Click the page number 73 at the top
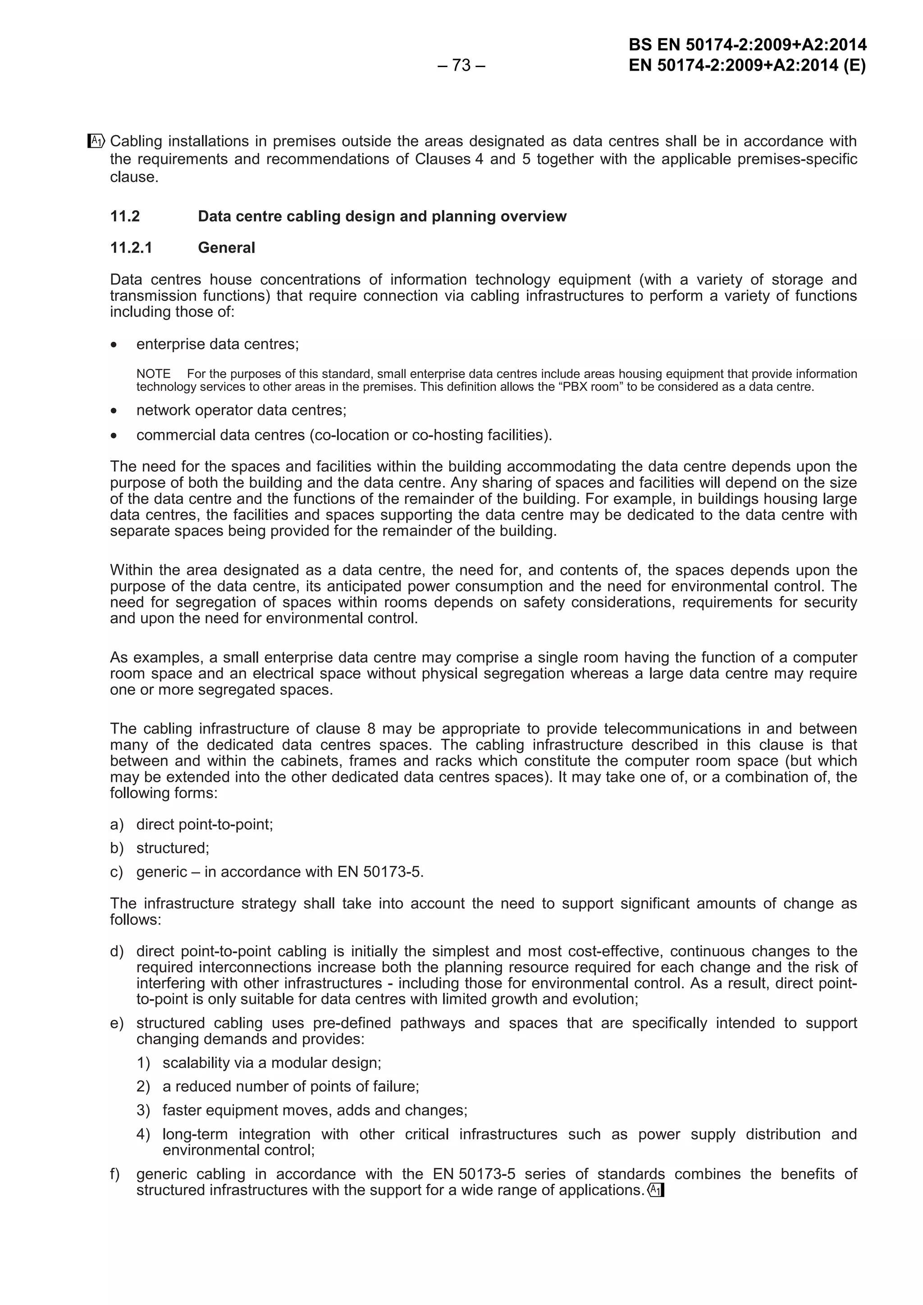click(x=461, y=66)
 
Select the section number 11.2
click(x=125, y=217)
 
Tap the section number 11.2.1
click(x=131, y=248)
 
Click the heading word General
click(x=226, y=248)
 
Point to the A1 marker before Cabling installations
click(x=96, y=140)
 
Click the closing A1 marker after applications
click(x=656, y=1190)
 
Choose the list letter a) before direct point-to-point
click(x=117, y=824)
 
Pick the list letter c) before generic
click(x=117, y=872)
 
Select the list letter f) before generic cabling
click(x=115, y=1174)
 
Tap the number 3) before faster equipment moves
click(x=143, y=1110)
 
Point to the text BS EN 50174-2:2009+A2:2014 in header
click(x=747, y=45)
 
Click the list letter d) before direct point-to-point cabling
click(x=117, y=952)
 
